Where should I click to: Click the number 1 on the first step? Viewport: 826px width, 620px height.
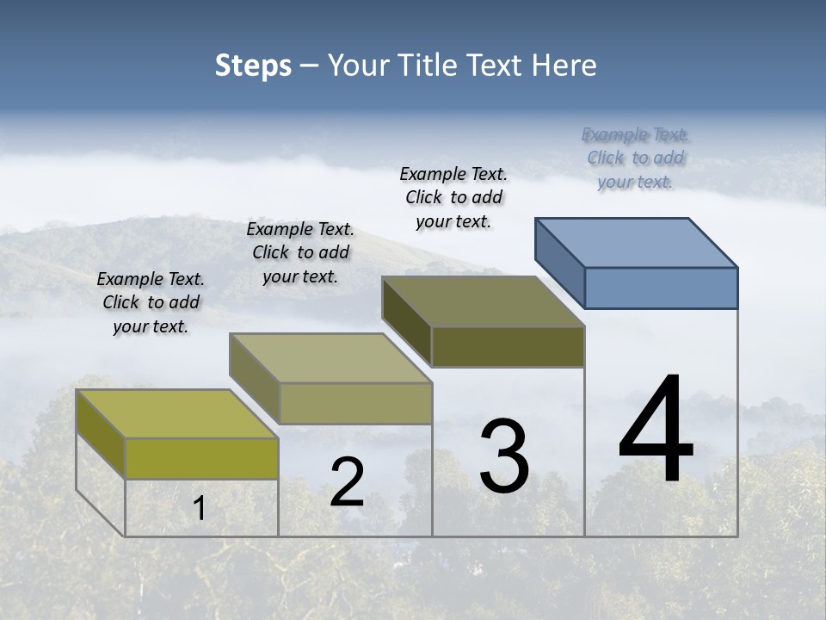(x=200, y=509)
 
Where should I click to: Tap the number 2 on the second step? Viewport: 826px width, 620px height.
(x=347, y=482)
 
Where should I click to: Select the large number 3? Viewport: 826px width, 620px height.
(x=503, y=457)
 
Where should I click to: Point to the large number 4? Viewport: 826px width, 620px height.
(x=656, y=430)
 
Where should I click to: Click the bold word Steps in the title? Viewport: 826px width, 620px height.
(x=253, y=65)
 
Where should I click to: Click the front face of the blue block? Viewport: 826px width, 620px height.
(x=661, y=288)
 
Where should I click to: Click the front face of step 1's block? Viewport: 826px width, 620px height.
(x=201, y=458)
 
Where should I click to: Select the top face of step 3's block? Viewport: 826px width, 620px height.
(x=484, y=301)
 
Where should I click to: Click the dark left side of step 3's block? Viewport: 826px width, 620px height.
(x=406, y=319)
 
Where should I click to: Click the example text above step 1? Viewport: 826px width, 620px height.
(x=151, y=303)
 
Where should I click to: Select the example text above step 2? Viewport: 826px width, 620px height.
(x=300, y=253)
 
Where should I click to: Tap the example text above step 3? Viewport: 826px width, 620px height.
(x=453, y=198)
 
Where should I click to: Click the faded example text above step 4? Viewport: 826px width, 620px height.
(x=635, y=158)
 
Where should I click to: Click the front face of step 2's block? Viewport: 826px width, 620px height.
(x=354, y=403)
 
